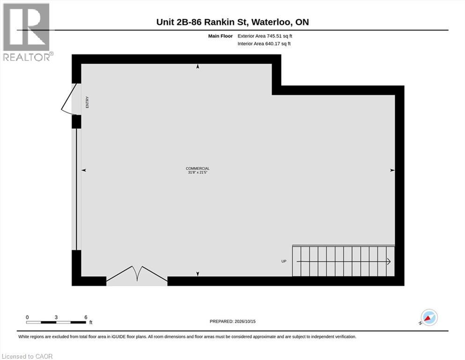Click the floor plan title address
point(232,22)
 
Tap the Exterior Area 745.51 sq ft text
point(265,36)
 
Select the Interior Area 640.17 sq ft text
point(264,44)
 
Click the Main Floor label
point(221,36)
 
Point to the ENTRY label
point(87,102)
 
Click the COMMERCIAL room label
point(198,169)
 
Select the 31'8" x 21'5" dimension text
point(198,172)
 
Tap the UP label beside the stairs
point(284,261)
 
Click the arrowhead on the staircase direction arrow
point(389,262)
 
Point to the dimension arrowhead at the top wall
point(198,67)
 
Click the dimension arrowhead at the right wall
point(392,170)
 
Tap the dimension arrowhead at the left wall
point(84,170)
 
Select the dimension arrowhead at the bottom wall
point(198,274)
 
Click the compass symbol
point(429,317)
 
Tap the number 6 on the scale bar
point(86,317)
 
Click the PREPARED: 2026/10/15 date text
point(232,322)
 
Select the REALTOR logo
point(27,32)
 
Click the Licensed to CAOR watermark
point(27,356)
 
